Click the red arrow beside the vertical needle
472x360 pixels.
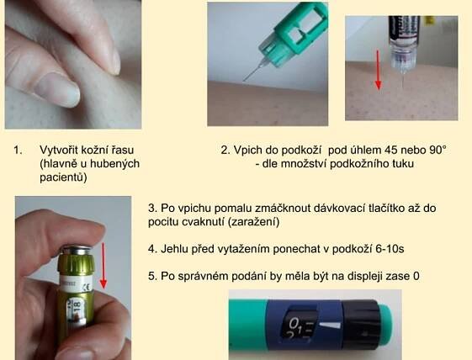[x=379, y=70]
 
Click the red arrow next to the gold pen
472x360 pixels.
[x=103, y=266]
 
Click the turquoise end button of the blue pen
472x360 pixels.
[x=385, y=325]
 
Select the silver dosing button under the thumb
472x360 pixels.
[x=76, y=250]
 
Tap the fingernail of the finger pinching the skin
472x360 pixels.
[x=62, y=91]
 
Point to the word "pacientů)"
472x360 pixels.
[x=63, y=177]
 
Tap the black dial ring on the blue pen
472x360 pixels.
[x=360, y=324]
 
